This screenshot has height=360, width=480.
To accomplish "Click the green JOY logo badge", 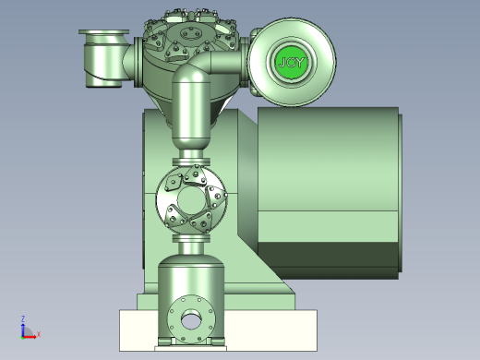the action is click(x=291, y=63).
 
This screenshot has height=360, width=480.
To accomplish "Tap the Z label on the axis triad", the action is click(x=23, y=318).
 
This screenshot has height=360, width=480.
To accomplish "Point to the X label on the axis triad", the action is click(x=39, y=334).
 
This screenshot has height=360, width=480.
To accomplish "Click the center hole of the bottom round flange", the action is click(x=191, y=319).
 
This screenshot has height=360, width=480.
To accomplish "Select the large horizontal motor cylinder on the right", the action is click(x=328, y=193).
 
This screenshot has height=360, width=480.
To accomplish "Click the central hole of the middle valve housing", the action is click(x=191, y=200).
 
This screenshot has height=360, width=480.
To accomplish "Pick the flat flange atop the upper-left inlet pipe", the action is click(x=103, y=32).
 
